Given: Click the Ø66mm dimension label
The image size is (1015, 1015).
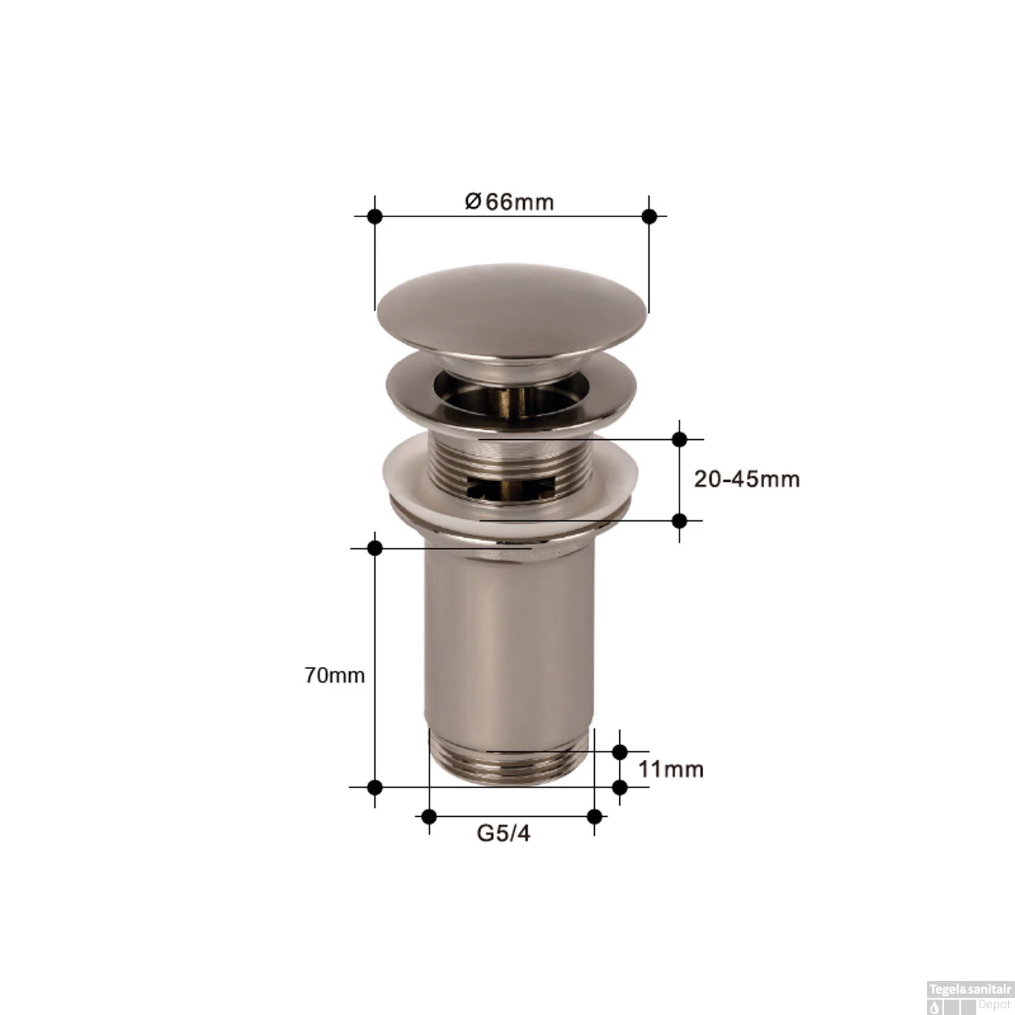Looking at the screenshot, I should (509, 202).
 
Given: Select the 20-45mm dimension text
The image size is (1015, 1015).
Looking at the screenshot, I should (746, 479).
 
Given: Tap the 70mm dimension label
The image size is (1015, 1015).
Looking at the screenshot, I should (334, 675).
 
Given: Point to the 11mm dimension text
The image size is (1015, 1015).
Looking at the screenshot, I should (671, 769).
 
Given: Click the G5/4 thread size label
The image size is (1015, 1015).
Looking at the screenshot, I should (503, 833).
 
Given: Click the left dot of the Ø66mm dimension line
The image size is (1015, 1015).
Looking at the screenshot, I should (375, 217).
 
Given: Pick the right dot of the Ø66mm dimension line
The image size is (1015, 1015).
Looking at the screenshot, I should (649, 217).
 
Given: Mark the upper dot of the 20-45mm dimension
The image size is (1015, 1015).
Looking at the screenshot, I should (680, 439).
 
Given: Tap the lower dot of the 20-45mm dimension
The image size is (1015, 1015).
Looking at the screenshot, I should (680, 520).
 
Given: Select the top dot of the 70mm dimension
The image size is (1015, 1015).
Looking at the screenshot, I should (375, 547).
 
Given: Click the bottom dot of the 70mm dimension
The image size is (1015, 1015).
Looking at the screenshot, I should (375, 787).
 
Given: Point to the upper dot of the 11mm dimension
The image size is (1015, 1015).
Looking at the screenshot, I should (620, 751).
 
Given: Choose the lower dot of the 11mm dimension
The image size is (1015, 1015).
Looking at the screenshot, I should (620, 787).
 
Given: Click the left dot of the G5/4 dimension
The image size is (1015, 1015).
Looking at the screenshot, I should (428, 816).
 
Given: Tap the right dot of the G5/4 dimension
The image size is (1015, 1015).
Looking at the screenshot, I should (595, 816).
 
